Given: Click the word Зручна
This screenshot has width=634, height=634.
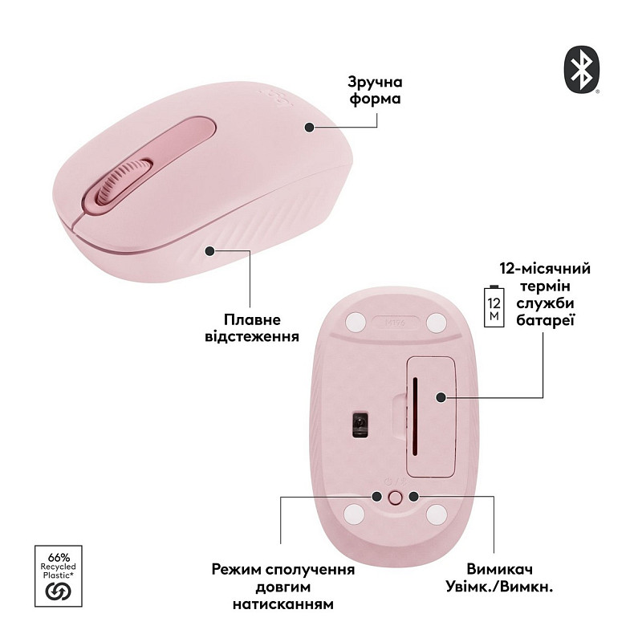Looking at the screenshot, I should [375, 83].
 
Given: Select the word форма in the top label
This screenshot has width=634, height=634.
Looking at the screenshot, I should [375, 100].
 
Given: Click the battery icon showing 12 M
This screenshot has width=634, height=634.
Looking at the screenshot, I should [493, 304].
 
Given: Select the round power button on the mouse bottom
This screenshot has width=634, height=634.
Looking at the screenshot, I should [394, 497].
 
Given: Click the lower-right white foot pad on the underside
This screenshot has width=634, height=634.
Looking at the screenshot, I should [437, 513].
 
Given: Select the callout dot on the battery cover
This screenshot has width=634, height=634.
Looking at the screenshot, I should [441, 396].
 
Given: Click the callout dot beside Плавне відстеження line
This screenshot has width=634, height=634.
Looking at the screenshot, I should [210, 251].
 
